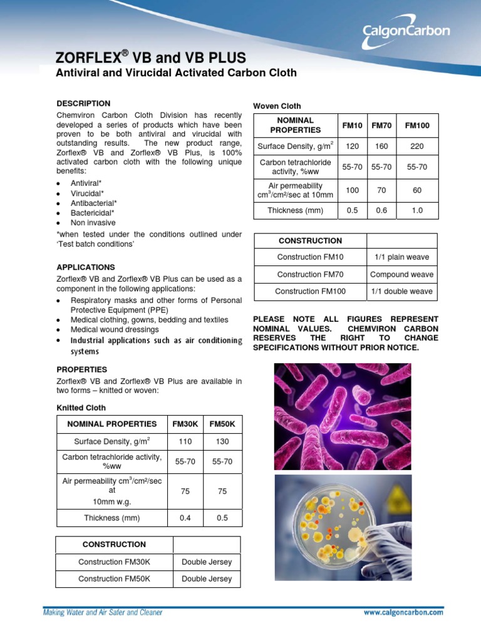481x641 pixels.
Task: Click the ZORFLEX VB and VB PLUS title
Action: click(x=151, y=58)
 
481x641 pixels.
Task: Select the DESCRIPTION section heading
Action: click(x=83, y=103)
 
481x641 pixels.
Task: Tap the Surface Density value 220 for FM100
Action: click(x=417, y=146)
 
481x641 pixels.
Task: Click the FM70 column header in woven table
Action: click(x=381, y=125)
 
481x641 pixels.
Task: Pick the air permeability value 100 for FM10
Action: click(x=352, y=190)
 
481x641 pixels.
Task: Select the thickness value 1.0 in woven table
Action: click(x=417, y=210)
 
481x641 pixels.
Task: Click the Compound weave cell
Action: click(x=401, y=274)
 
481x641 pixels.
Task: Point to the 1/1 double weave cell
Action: click(x=401, y=291)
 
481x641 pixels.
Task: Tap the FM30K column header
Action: click(x=185, y=424)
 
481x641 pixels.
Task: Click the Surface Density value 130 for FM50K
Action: click(x=222, y=441)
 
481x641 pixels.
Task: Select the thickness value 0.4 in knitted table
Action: click(x=185, y=518)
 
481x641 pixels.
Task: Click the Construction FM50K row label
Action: click(x=114, y=579)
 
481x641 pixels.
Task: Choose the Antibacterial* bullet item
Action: click(x=94, y=203)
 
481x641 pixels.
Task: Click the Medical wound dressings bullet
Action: click(x=115, y=329)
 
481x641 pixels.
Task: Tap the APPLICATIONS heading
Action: click(x=86, y=267)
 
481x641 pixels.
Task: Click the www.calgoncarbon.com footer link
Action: click(x=403, y=613)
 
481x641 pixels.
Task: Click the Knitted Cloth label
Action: click(x=81, y=408)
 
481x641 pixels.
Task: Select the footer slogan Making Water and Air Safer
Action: click(x=102, y=612)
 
